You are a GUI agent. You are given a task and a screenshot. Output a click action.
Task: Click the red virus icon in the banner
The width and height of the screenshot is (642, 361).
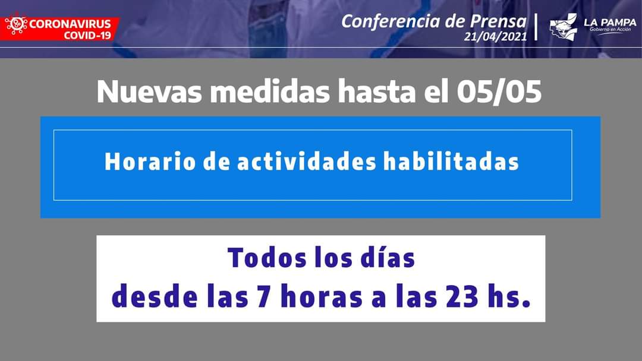(16, 25)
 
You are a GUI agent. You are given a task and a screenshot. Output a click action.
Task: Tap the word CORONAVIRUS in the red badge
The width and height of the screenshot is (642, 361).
(70, 24)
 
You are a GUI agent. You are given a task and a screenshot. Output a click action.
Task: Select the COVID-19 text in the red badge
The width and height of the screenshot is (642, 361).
(87, 36)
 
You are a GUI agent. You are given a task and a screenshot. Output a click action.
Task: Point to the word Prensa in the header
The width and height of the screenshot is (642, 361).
(498, 21)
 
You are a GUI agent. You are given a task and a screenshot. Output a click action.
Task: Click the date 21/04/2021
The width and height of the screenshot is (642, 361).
(495, 37)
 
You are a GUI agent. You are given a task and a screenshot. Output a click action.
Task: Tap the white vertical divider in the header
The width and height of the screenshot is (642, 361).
(536, 27)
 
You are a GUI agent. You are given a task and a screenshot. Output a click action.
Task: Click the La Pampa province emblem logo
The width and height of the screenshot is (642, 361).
(563, 27)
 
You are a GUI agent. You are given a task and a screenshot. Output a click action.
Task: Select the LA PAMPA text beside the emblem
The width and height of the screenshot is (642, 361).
(610, 23)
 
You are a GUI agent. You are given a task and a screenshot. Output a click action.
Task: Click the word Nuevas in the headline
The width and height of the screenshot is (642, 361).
(149, 91)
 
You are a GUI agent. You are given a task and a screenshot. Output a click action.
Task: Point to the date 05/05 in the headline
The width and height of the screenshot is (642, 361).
(499, 91)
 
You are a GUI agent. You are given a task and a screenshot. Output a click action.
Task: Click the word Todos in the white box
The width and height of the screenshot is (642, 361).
(267, 258)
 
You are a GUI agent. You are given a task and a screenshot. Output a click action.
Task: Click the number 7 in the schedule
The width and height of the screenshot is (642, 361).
(264, 297)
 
